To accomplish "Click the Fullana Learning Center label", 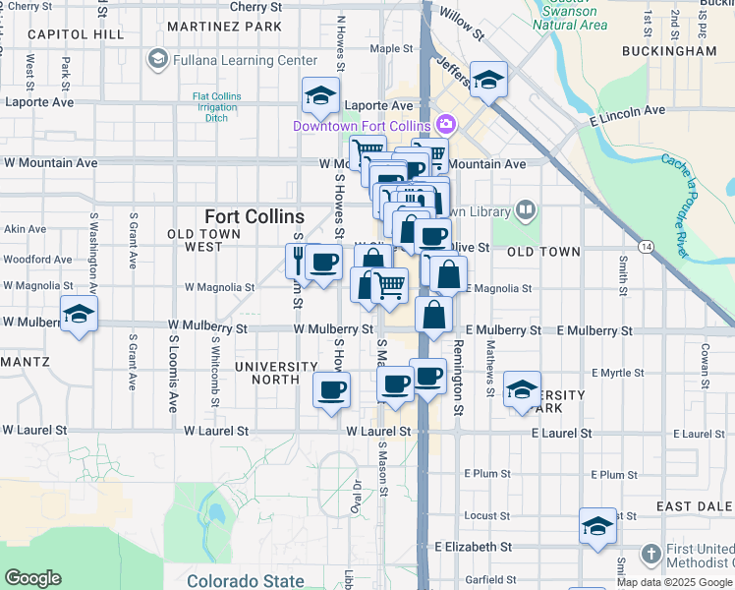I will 244,60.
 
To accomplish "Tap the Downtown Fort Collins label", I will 362,126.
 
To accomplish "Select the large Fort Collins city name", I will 254,216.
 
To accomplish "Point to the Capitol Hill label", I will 76,34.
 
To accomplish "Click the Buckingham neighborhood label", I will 669,50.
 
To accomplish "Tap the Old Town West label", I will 208,240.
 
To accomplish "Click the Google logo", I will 32,578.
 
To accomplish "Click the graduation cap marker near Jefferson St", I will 487,80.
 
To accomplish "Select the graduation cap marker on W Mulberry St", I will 79,314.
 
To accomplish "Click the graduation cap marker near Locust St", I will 596,525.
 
